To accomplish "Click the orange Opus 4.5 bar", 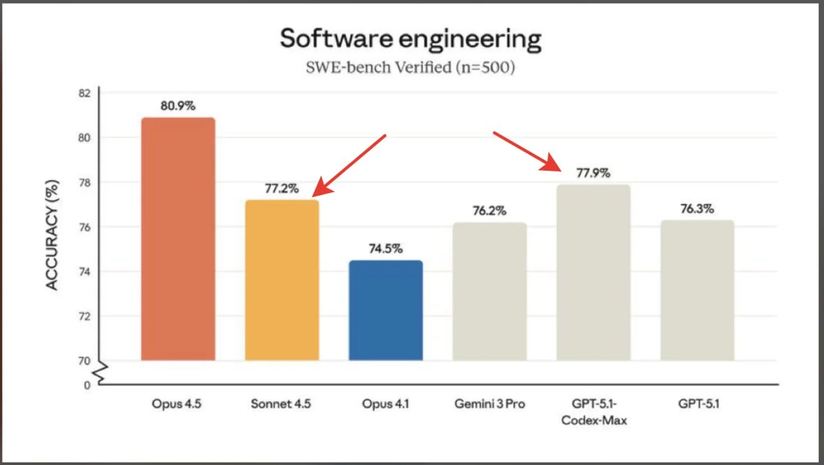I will [x=178, y=239].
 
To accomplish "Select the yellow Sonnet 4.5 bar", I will [x=282, y=280].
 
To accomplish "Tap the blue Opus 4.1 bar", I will [x=386, y=310].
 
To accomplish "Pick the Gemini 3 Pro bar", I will [x=489, y=291].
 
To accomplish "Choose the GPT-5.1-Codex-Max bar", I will [x=594, y=272].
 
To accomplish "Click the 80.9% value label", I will [x=178, y=106].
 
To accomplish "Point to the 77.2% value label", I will [x=282, y=189].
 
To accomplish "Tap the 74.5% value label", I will [x=386, y=249].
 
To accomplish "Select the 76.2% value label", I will [x=489, y=211].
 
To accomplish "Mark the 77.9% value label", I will [x=594, y=173].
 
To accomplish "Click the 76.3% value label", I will [x=697, y=209].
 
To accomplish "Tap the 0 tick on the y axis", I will [x=87, y=385].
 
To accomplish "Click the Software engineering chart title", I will [x=411, y=39].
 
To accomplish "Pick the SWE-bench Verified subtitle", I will [x=411, y=67].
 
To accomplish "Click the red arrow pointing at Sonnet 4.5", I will [x=349, y=165].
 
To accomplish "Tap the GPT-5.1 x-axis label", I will [x=697, y=404].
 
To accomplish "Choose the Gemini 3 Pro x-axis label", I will [x=489, y=404].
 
